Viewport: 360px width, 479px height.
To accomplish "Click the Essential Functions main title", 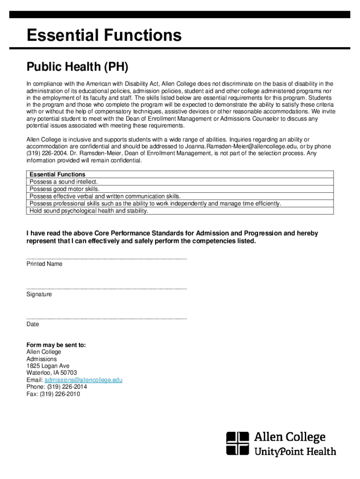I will click(104, 36).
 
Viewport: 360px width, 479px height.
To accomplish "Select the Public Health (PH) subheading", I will click(77, 67).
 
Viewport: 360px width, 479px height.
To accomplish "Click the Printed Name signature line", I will click(107, 259).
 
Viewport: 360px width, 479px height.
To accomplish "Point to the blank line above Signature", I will click(107, 289).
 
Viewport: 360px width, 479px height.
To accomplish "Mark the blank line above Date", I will click(107, 319).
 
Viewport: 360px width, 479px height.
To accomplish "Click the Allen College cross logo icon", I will click(238, 443).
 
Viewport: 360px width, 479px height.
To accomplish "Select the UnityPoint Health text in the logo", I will click(295, 452).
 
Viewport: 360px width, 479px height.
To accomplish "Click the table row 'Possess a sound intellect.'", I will click(64, 181).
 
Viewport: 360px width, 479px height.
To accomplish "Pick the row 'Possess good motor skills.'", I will click(65, 189).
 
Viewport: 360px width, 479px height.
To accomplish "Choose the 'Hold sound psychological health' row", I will click(88, 211).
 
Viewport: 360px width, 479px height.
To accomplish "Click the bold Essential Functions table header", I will click(58, 174).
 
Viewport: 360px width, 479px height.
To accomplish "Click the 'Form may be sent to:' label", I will click(56, 345).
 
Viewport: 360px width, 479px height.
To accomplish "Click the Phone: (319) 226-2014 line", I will click(57, 387).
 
